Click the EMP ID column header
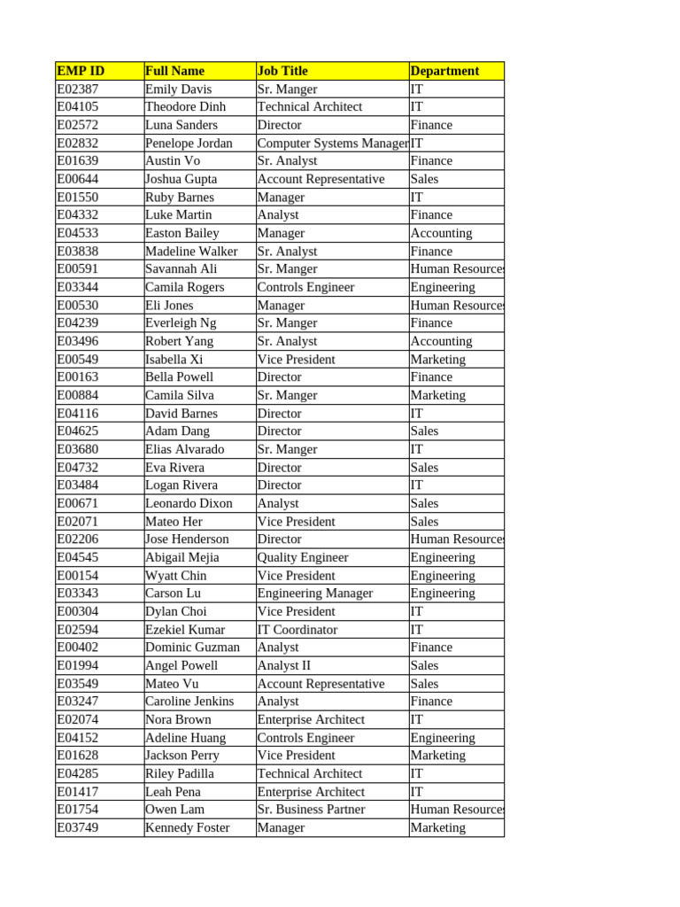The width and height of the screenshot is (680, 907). pos(81,71)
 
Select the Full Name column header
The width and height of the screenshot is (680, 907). pos(174,71)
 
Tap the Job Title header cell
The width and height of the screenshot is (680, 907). pos(282,71)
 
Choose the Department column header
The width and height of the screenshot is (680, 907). pos(444,71)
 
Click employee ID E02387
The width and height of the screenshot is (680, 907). pos(78,89)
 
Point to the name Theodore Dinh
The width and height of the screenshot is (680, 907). pos(185,107)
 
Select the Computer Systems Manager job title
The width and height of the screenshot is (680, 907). pos(333,143)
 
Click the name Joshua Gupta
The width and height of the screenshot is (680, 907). pos(181,179)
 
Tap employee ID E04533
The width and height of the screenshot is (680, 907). pos(78,233)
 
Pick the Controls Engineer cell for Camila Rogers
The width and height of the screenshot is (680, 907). pos(305,287)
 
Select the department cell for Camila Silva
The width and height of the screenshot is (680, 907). pos(437,395)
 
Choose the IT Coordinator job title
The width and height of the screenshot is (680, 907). pos(297,630)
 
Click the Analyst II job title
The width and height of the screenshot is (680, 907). pos(283,665)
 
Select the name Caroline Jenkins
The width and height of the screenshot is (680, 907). pos(189,702)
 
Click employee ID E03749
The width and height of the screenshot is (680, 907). pos(78,827)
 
